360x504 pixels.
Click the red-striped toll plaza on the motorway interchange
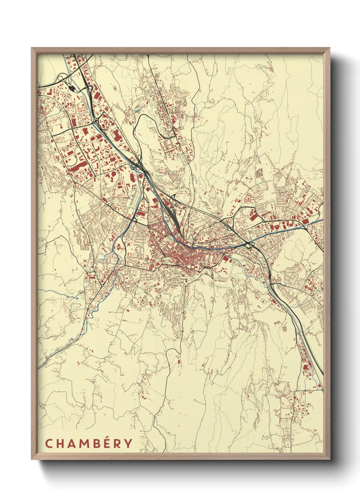point(72,88)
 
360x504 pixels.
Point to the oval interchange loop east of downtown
point(251,245)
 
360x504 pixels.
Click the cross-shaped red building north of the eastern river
point(247,198)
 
